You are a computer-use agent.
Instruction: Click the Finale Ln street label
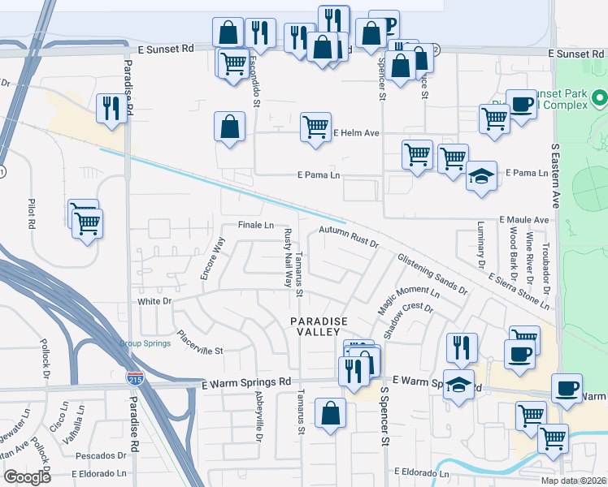point(255,225)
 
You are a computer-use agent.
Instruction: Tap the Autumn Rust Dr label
point(349,236)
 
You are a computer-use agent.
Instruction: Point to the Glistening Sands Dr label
point(432,274)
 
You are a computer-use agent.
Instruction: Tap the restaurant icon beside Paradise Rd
point(110,108)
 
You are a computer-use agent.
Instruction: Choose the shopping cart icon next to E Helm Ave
point(315,127)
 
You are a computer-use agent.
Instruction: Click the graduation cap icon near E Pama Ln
point(481,176)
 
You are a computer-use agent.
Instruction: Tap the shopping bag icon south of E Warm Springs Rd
point(331,413)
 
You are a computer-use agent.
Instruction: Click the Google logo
point(27,477)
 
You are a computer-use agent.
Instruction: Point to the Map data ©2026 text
point(572,481)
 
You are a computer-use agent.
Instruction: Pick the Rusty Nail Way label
point(287,258)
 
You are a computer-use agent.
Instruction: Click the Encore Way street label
point(211,259)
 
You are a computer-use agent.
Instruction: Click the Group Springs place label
point(145,343)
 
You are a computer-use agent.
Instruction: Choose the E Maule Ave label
point(524,219)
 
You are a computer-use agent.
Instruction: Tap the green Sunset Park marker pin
point(601,99)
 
